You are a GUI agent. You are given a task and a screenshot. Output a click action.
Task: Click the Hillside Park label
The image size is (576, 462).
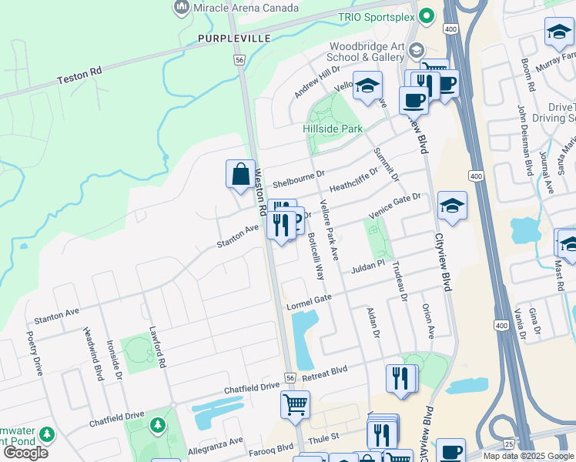(332, 129)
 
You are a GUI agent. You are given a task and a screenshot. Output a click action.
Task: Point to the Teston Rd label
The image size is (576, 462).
(79, 75)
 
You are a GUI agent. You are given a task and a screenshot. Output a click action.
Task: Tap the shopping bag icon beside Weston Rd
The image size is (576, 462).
(240, 174)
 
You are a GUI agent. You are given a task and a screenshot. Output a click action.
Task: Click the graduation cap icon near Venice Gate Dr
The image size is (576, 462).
(452, 206)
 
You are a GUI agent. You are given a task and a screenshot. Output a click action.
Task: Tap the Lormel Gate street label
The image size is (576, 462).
(308, 301)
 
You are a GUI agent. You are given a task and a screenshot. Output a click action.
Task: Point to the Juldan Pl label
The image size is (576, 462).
(367, 269)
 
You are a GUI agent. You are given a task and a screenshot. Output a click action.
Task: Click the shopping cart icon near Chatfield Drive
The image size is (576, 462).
(295, 403)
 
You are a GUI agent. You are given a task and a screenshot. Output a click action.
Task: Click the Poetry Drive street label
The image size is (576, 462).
(35, 353)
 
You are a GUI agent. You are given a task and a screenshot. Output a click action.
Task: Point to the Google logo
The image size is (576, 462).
(26, 452)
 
